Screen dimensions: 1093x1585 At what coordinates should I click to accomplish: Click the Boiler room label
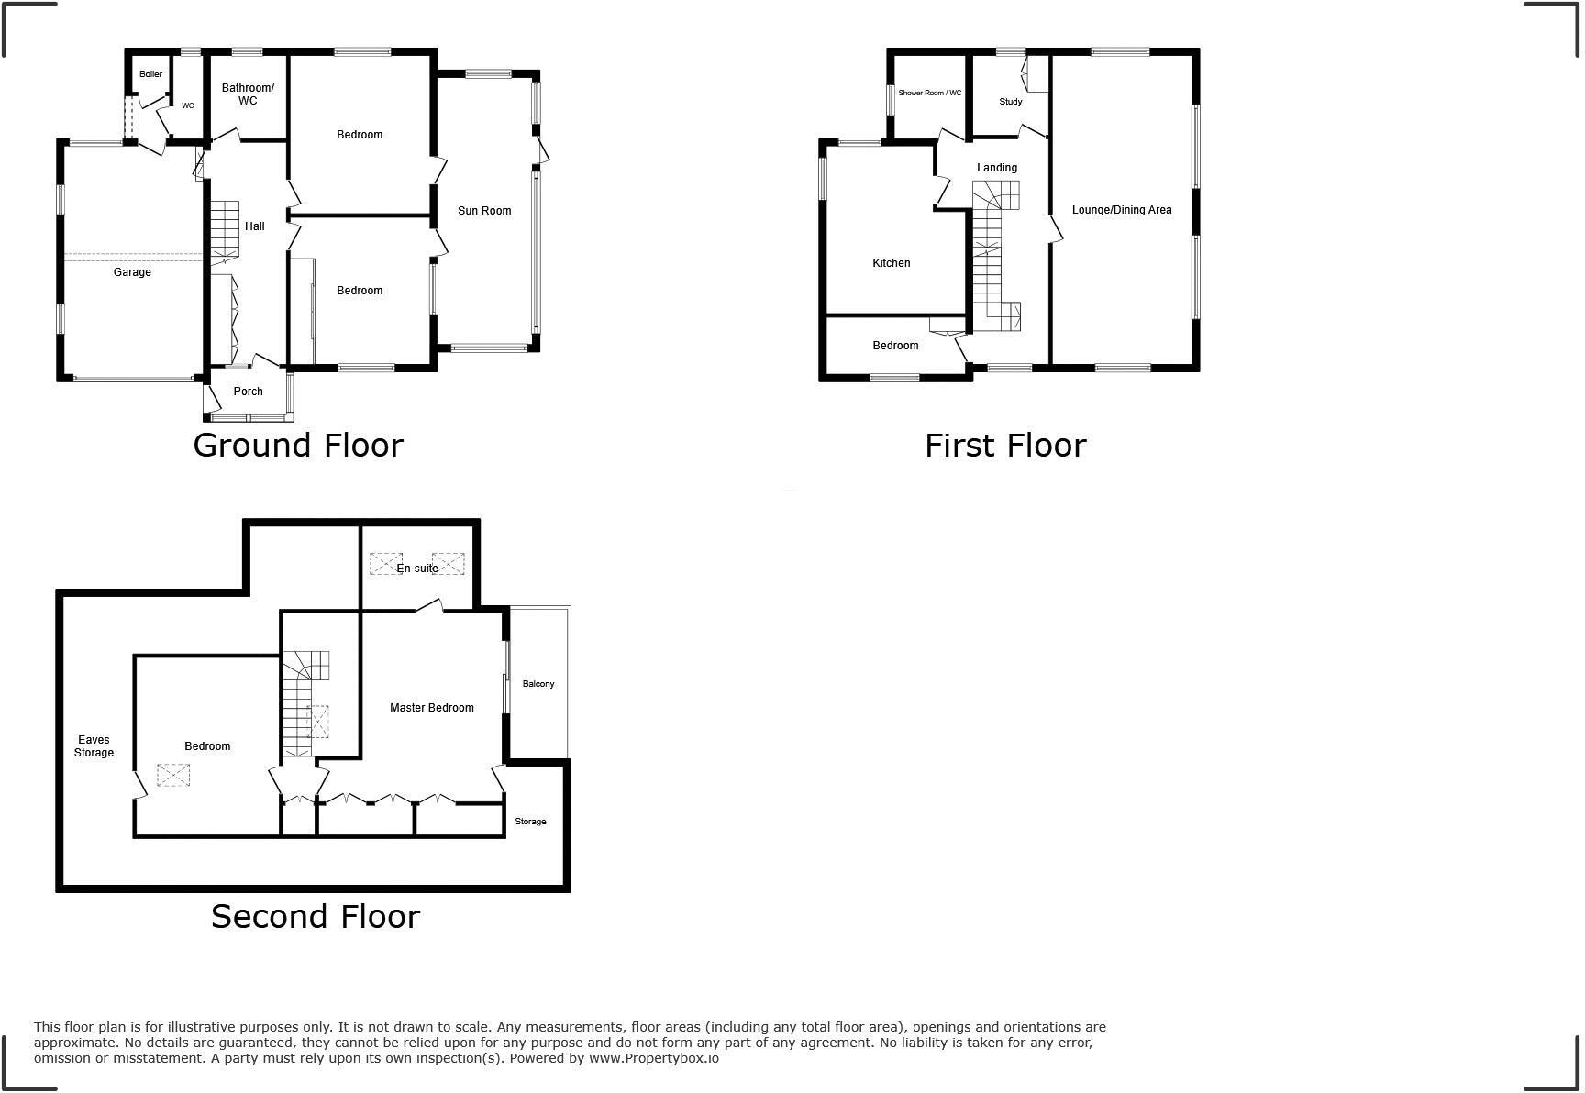pos(150,74)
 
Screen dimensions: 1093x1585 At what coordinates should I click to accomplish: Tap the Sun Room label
pos(484,211)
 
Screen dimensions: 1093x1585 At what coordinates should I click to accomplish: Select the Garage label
pos(132,272)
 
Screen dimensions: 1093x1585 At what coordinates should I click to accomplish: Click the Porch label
pos(248,392)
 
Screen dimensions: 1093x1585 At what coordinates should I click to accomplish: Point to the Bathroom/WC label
pos(248,94)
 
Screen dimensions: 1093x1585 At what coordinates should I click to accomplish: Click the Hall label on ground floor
pos(254,226)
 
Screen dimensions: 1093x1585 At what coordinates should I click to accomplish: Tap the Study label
pos(1010,102)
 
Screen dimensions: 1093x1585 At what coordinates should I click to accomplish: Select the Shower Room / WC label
pos(929,94)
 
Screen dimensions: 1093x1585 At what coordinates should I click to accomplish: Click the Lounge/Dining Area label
pos(1121,210)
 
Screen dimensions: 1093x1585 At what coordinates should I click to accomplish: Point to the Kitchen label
pos(891,263)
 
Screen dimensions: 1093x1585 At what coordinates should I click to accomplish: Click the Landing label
pos(996,168)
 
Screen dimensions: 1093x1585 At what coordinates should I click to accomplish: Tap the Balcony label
pos(538,684)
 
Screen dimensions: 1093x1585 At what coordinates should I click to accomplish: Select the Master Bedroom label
pos(431,708)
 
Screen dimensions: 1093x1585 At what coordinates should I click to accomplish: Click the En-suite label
pos(417,569)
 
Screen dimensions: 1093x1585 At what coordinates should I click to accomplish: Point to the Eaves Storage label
pos(94,746)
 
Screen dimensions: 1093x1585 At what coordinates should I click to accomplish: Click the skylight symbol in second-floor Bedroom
pos(172,776)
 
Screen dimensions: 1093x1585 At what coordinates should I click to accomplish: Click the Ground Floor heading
pos(297,446)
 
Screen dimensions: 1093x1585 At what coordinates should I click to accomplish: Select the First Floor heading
pos(1004,446)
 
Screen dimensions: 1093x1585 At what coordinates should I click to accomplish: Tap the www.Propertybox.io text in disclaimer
pos(653,1058)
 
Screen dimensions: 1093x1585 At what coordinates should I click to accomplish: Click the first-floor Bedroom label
pos(894,346)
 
